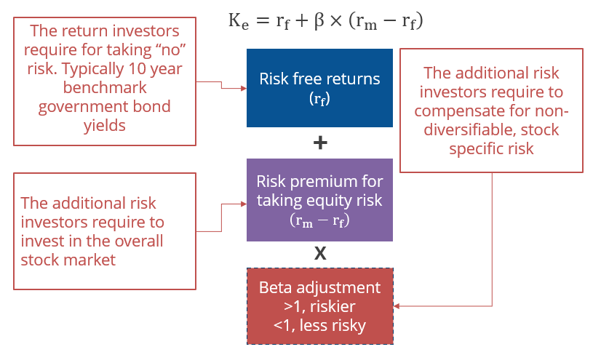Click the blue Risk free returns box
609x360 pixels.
point(319,87)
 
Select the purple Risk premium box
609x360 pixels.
point(319,200)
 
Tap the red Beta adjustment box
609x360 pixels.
point(319,306)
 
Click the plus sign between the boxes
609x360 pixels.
point(319,143)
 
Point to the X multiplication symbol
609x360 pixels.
point(319,254)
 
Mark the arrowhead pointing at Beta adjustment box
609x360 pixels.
point(397,306)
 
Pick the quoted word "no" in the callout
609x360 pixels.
point(159,52)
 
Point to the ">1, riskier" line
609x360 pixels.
point(319,306)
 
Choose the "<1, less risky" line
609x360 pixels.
point(319,324)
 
